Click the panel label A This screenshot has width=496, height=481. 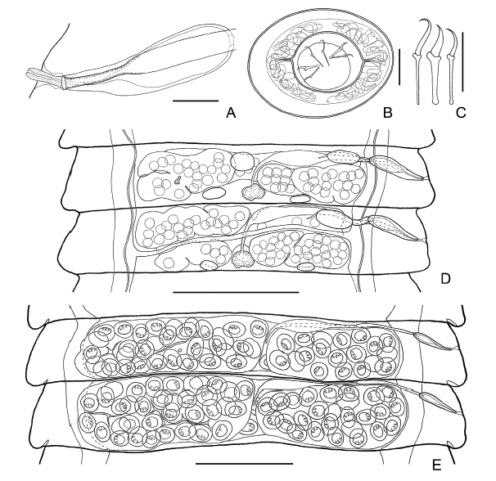point(231,113)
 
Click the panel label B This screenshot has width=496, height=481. point(387,113)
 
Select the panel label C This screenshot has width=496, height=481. point(461,113)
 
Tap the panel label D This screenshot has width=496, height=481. point(445,278)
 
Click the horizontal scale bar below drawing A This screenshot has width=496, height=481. point(196,101)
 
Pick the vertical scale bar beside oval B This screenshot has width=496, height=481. point(399,67)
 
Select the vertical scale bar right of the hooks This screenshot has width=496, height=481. point(462,61)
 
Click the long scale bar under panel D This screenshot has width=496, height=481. point(236,292)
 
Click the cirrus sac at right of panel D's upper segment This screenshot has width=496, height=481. point(397,168)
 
